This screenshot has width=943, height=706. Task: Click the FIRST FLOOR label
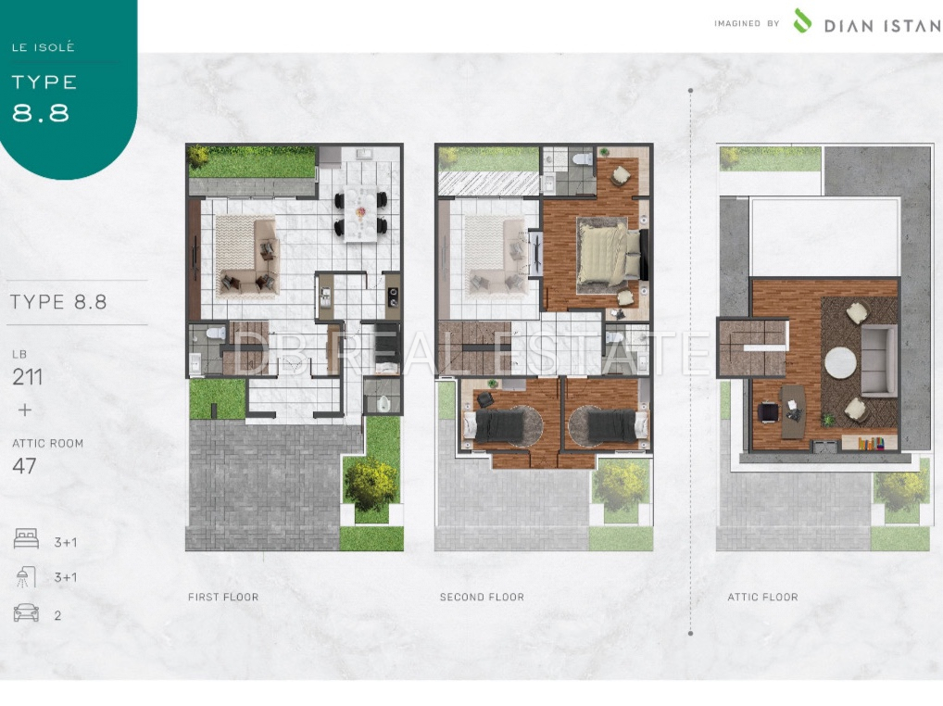[x=223, y=598]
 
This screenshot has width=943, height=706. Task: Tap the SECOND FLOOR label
[x=482, y=598]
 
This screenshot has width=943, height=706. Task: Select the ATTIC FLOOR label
[x=762, y=598]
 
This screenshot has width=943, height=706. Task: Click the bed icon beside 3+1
[x=26, y=539]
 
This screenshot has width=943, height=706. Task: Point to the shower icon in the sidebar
[x=26, y=576]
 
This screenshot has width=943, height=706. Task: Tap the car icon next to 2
[x=26, y=613]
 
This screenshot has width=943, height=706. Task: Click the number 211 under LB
[x=28, y=377]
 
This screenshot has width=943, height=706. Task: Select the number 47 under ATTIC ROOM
[x=25, y=466]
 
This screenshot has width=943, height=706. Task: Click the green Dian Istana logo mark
[x=802, y=20]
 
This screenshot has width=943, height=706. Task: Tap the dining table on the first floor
[x=361, y=214]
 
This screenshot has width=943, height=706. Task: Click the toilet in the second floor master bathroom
[x=582, y=158]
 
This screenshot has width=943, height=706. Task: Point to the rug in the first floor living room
[x=237, y=255]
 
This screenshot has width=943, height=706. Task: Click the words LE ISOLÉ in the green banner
[x=44, y=47]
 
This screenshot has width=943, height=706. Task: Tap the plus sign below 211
[x=25, y=410]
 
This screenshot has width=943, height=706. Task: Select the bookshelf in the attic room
[x=870, y=444]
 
